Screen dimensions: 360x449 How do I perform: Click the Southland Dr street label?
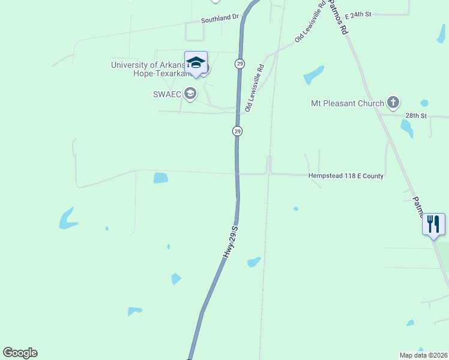click(x=219, y=19)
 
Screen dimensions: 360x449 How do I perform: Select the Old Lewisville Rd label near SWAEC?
click(x=255, y=89)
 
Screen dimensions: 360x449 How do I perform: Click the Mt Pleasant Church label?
click(x=347, y=103)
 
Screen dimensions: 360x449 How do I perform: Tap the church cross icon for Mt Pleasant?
click(x=393, y=103)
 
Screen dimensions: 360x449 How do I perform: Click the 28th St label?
click(x=415, y=115)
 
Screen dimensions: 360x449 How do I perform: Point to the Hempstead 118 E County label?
click(x=346, y=176)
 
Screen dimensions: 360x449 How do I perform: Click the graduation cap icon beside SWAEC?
click(x=190, y=93)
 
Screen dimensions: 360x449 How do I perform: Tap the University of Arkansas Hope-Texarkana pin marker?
click(x=196, y=63)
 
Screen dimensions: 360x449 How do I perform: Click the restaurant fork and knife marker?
click(x=434, y=224)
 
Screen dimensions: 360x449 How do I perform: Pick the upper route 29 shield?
click(x=240, y=64)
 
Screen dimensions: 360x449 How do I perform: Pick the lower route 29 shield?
click(x=237, y=131)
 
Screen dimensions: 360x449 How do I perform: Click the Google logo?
click(x=20, y=353)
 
